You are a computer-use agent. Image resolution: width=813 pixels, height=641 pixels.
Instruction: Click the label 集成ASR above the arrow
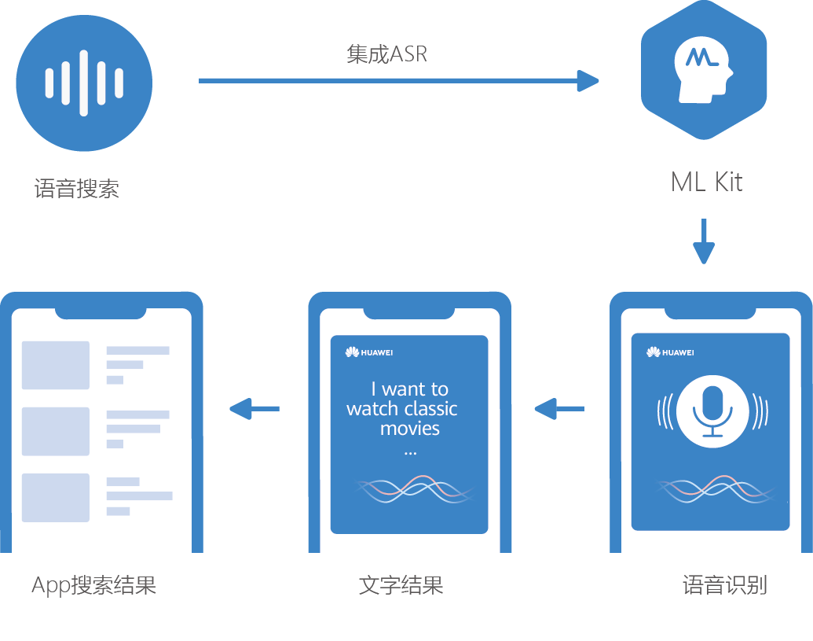[x=386, y=53]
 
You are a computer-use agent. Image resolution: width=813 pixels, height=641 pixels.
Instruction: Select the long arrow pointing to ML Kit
[x=397, y=80]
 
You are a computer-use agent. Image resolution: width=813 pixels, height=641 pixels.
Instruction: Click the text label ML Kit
[x=706, y=182]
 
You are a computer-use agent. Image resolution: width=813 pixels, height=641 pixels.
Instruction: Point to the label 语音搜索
[x=77, y=189]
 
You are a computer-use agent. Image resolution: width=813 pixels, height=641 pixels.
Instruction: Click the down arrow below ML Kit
[x=704, y=242]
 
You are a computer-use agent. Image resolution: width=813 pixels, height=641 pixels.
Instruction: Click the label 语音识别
[x=724, y=585]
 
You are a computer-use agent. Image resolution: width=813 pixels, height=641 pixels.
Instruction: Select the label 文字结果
[x=401, y=585]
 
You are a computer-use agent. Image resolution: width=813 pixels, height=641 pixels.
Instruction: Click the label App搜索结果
[x=94, y=585]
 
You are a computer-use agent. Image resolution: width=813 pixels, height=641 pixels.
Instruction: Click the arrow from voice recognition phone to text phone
[x=559, y=408]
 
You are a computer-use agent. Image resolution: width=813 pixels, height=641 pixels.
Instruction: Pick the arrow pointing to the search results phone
[x=255, y=408]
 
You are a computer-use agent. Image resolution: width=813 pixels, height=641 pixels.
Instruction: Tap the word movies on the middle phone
[x=410, y=429]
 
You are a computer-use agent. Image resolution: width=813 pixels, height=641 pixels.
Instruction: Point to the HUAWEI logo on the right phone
[x=671, y=352]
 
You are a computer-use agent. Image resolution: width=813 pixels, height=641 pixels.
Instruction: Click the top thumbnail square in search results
[x=56, y=365]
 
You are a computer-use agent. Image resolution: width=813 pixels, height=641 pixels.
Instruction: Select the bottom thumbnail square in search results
[x=56, y=497]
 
